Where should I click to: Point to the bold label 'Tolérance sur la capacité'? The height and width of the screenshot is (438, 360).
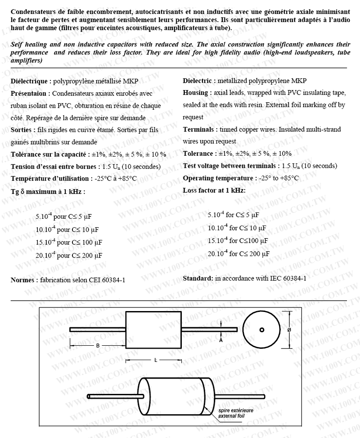(x=49, y=154)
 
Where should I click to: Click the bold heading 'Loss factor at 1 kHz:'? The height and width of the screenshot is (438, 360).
(x=214, y=190)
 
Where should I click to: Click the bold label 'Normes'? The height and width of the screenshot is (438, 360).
(x=23, y=280)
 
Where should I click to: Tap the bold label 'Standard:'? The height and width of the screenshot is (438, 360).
(x=198, y=278)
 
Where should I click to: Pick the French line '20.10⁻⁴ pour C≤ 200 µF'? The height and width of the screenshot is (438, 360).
(x=69, y=255)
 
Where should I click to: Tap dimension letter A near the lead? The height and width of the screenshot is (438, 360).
(x=221, y=340)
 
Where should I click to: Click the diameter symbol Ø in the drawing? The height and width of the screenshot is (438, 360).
(x=289, y=330)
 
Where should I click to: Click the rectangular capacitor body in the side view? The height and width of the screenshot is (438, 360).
(x=153, y=330)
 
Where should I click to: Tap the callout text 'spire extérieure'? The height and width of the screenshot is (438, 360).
(x=236, y=411)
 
